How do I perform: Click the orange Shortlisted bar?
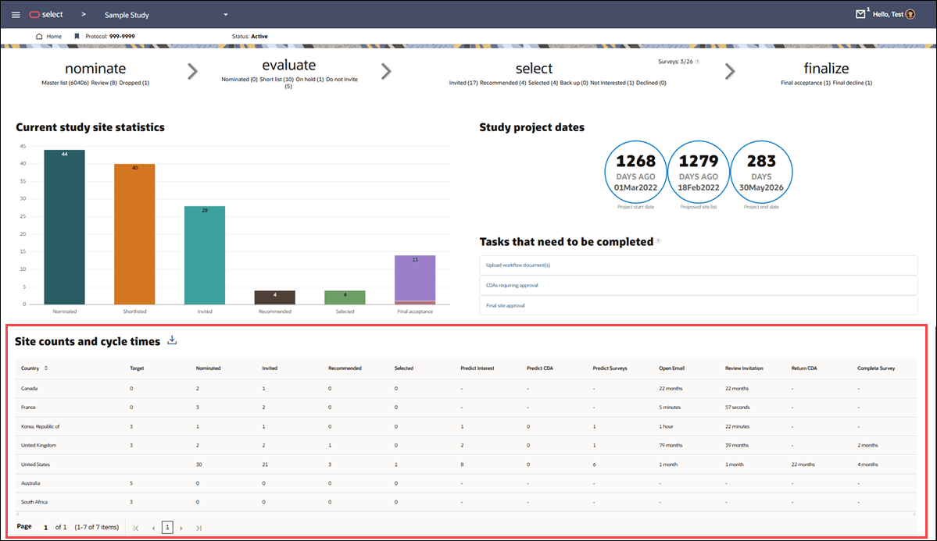(x=134, y=233)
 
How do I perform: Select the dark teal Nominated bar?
(x=64, y=226)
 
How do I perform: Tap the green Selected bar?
(x=345, y=297)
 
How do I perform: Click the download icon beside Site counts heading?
(x=173, y=340)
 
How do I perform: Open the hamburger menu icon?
(x=16, y=15)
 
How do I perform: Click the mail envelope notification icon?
(x=860, y=14)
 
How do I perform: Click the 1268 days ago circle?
(x=635, y=173)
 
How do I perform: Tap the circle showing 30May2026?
(x=761, y=173)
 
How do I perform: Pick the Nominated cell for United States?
(x=199, y=464)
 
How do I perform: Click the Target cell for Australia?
(x=131, y=483)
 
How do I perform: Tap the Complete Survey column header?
(x=876, y=368)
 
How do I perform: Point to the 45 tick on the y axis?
(x=23, y=146)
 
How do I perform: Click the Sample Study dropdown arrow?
(x=226, y=15)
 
